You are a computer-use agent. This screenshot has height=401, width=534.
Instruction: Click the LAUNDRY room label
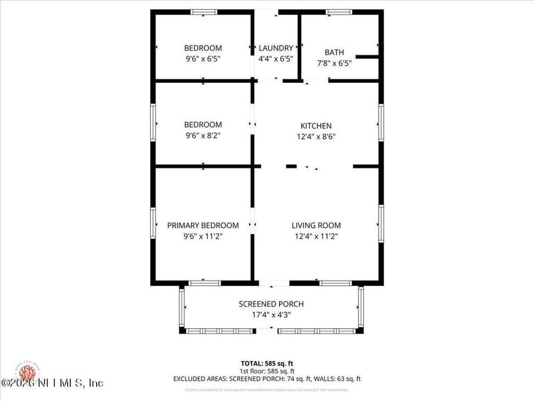point(276,48)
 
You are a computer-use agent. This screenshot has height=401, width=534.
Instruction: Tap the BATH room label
point(334,52)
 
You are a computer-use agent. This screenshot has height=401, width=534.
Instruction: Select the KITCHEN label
point(316,126)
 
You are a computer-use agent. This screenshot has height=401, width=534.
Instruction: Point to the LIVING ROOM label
point(316,225)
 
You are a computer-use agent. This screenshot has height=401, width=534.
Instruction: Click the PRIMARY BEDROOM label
point(203,225)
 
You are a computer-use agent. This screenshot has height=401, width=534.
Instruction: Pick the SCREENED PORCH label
point(271,304)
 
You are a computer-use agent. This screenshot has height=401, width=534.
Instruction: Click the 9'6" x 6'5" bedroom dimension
point(203,59)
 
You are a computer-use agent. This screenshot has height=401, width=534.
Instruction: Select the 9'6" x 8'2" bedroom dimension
point(203,136)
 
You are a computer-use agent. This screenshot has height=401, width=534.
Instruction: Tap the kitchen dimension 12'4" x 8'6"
point(316,136)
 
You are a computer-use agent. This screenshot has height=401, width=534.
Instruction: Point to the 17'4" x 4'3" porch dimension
point(271,315)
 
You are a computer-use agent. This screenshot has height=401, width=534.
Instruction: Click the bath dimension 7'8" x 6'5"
point(334,63)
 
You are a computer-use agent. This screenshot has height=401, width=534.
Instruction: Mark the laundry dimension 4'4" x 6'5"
point(276,59)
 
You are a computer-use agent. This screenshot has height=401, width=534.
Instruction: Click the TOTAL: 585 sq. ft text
point(267,362)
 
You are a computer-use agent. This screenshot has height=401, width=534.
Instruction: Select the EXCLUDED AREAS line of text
point(267,378)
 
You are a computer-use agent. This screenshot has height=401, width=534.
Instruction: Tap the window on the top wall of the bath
point(339,12)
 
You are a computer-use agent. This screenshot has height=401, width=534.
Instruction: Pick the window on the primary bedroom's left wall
point(154,223)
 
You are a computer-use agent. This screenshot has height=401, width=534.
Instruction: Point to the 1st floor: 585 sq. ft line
point(267,370)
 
